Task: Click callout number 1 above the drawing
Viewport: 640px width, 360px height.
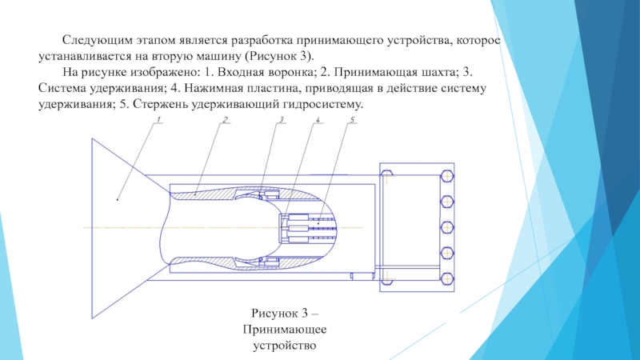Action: tap(158, 119)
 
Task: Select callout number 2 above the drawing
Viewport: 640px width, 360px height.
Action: tap(225, 119)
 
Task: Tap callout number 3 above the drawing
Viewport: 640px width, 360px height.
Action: tap(282, 119)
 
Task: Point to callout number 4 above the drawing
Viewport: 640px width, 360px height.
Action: tap(318, 119)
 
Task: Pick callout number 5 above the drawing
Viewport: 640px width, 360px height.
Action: tap(352, 119)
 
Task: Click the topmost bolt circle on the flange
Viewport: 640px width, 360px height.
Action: tap(447, 176)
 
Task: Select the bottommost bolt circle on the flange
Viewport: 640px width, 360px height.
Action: tap(447, 278)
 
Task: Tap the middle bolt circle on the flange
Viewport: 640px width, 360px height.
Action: tap(447, 227)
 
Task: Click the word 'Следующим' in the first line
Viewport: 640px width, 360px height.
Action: tap(98, 41)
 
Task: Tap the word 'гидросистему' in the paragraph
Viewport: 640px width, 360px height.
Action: tap(322, 105)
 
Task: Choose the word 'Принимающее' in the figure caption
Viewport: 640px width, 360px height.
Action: tap(285, 330)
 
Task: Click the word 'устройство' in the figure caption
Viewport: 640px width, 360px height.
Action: tap(285, 346)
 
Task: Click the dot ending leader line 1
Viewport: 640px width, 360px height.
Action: tap(118, 199)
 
